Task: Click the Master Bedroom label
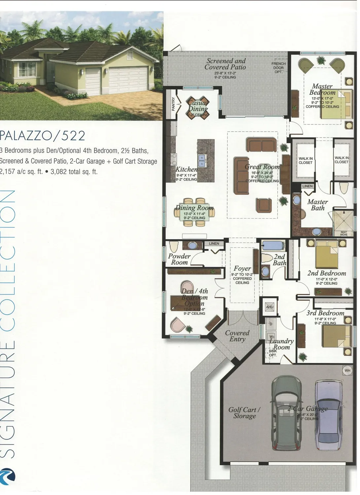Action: click(x=322, y=89)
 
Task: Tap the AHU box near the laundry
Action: click(x=270, y=307)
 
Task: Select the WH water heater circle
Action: click(x=347, y=371)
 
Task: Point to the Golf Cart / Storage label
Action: click(x=244, y=413)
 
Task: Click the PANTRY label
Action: click(x=173, y=104)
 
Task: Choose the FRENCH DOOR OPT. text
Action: click(x=278, y=68)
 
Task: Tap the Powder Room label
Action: click(x=179, y=259)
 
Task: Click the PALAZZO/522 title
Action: click(x=43, y=136)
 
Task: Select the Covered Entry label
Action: click(x=237, y=336)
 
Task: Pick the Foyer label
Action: click(x=242, y=269)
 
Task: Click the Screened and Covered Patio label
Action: click(x=226, y=64)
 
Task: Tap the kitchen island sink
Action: click(x=201, y=160)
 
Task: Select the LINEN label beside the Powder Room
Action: click(x=214, y=244)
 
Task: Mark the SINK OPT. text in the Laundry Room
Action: click(x=273, y=353)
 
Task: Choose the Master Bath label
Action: click(x=317, y=205)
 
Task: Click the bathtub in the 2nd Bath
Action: click(x=271, y=246)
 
